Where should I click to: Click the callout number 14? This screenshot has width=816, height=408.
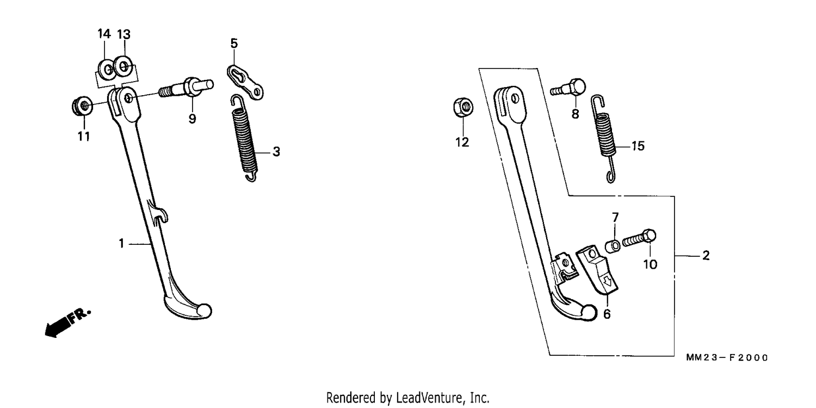(x=104, y=34)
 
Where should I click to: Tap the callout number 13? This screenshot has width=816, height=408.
(x=123, y=34)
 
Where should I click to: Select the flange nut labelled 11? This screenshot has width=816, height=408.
(x=82, y=106)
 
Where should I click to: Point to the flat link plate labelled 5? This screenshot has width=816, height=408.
(x=245, y=82)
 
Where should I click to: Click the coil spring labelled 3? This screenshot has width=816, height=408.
(x=244, y=138)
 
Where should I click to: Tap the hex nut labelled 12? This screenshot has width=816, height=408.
(x=463, y=107)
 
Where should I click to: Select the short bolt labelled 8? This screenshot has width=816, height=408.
(x=568, y=88)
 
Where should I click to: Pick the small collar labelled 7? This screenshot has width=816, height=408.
(x=613, y=246)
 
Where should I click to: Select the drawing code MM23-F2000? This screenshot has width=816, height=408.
(x=727, y=358)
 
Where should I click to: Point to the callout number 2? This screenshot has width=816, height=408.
(x=706, y=255)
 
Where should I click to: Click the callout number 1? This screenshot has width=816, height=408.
(x=121, y=243)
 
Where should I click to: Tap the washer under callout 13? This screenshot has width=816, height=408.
(x=124, y=66)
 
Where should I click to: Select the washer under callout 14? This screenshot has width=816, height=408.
(x=107, y=69)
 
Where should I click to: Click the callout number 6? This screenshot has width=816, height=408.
(x=607, y=314)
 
